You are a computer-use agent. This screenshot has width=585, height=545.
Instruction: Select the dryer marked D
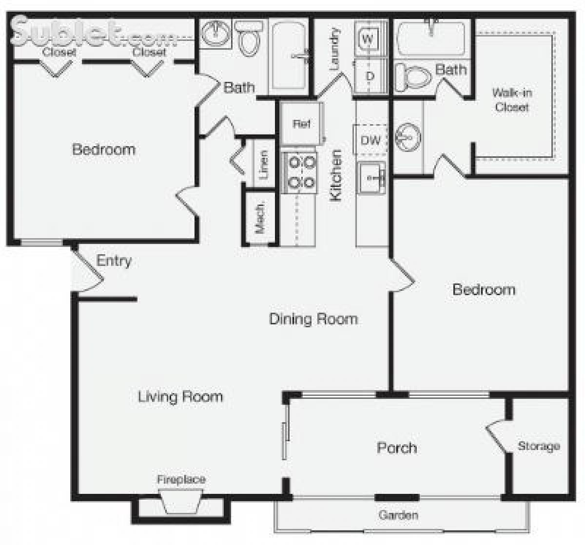(x=370, y=76)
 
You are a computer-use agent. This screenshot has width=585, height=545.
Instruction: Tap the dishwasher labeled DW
(x=370, y=140)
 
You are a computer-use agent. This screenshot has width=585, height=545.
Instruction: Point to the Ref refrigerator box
(x=301, y=124)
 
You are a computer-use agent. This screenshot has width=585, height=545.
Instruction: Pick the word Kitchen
(x=336, y=175)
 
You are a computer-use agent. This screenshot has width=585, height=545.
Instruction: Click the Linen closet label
(x=263, y=164)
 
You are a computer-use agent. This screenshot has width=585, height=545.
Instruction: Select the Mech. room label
(x=260, y=217)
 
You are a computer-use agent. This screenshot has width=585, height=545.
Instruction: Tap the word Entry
(x=114, y=261)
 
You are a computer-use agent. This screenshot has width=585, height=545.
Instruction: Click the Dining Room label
(x=313, y=319)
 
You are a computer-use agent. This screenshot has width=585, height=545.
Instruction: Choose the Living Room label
(x=180, y=396)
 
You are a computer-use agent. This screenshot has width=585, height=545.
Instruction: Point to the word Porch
(x=397, y=448)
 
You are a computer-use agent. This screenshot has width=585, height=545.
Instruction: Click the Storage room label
(x=538, y=446)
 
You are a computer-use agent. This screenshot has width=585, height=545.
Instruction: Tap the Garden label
(x=398, y=515)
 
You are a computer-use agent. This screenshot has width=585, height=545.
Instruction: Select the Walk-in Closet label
(x=512, y=100)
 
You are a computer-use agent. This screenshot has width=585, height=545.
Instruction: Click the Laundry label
(x=334, y=49)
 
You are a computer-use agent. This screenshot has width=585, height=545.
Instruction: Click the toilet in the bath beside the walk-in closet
(x=413, y=77)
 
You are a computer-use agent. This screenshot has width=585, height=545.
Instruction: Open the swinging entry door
(x=89, y=270)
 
